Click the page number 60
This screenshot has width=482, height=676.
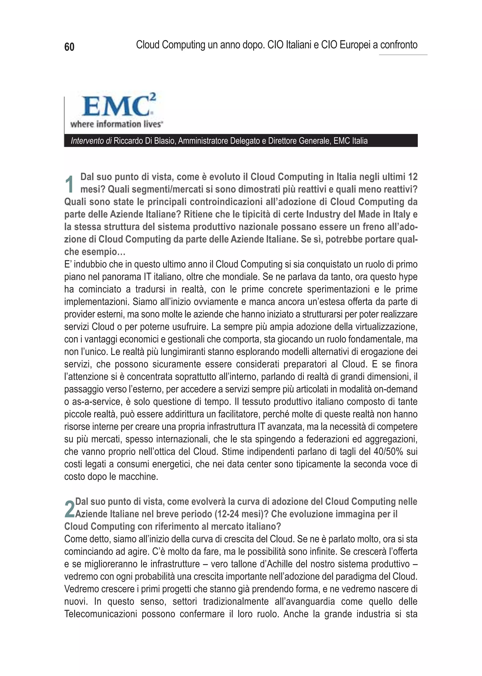click(x=69, y=47)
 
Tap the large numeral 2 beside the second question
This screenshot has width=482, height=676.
click(x=69, y=509)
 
